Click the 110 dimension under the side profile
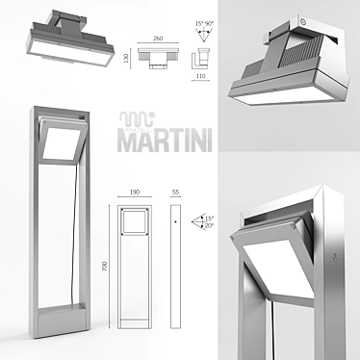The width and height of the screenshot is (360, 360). pos(202,76)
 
